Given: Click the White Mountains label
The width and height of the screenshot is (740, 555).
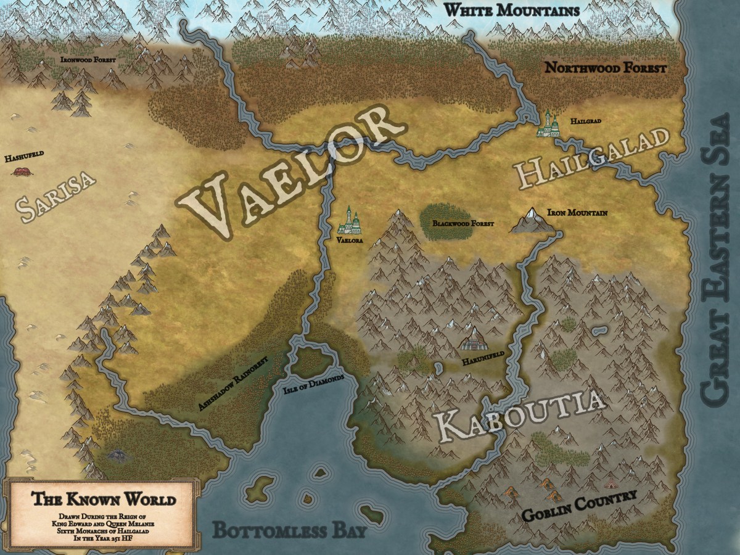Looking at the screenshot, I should [511, 10].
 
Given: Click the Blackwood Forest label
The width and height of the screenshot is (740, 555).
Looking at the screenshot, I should [462, 223].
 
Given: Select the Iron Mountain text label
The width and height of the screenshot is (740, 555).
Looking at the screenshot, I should [577, 213].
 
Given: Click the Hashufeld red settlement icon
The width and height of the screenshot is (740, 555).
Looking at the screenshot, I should [23, 170].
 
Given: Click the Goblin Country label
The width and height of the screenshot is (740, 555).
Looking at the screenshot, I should [579, 506].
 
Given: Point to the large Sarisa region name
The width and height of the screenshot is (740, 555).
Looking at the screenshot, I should [57, 195].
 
